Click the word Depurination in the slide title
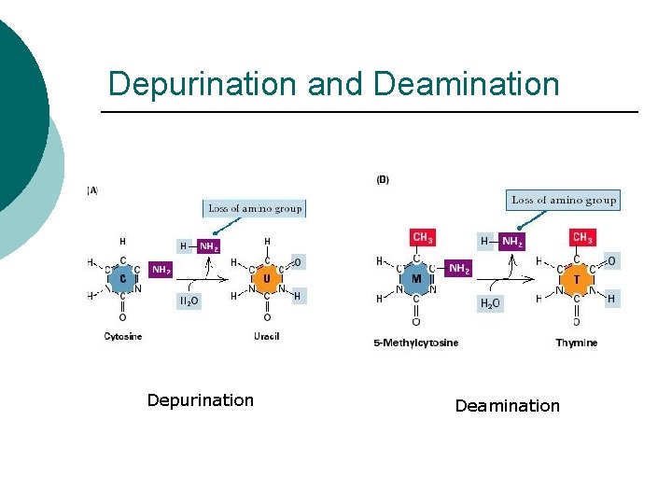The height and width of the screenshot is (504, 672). pos(203,84)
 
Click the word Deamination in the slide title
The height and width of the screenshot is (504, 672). pos(466,84)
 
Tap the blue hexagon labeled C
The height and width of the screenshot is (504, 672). pos(123,278)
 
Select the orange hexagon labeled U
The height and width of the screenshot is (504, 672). pos(267,278)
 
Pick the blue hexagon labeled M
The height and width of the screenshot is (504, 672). pos(416,278)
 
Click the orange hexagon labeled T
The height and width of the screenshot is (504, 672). pos(576,278)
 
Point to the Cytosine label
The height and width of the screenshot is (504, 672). pos(123,336)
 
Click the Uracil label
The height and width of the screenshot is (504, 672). pos(266,336)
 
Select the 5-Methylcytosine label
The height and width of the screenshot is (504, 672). pos(416,343)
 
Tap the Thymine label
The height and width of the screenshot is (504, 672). pos(576,343)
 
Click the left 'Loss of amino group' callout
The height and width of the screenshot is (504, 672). pos(255,208)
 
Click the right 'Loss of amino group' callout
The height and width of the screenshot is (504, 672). pos(564,200)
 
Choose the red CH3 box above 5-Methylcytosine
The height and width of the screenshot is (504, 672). pos(422,238)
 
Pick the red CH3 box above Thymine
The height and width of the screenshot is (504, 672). pos(582,238)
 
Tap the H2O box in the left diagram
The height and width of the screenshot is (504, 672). pos(189,301)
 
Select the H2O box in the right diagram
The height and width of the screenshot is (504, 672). pos(489,303)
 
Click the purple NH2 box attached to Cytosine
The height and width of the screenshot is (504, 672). pos(161,270)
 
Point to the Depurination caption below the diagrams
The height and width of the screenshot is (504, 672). pos(200,400)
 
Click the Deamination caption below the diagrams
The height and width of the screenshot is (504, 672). pos(507,406)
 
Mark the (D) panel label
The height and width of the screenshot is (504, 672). pos(383,179)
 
